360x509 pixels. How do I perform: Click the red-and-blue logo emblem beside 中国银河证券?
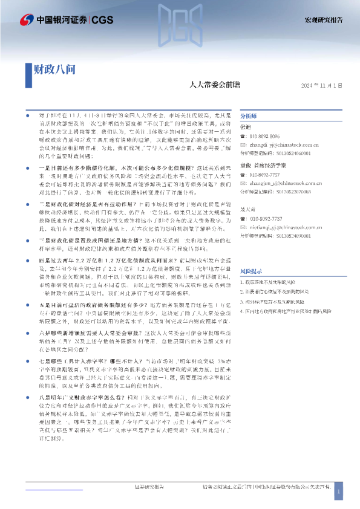coord(27,21)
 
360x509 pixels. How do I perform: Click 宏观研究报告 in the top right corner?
coord(324,21)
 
